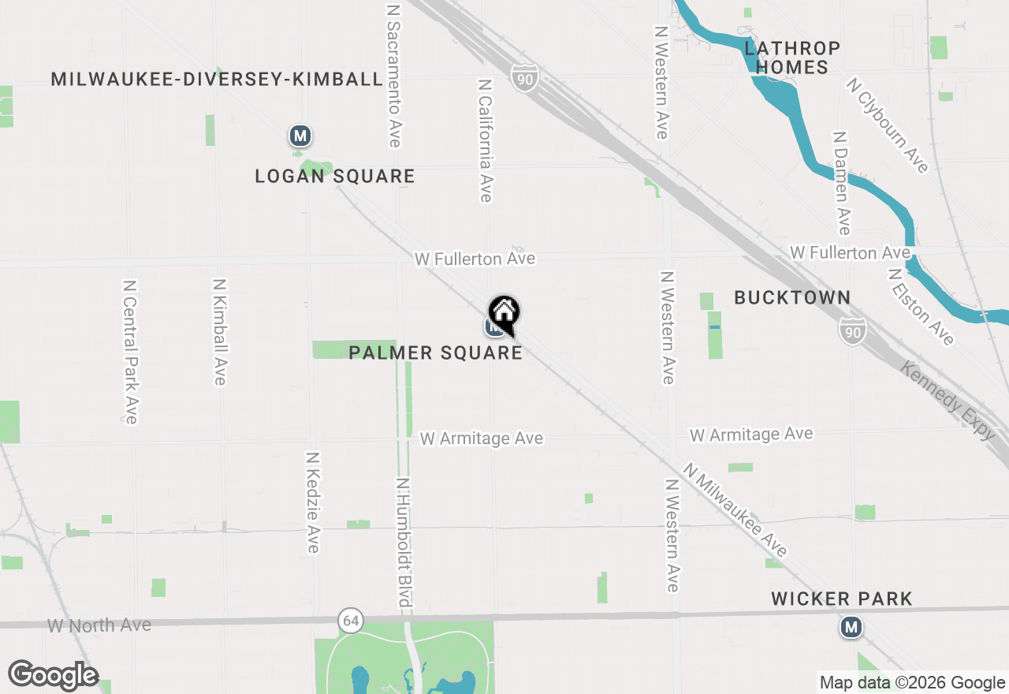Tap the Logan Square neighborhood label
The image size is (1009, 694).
click(335, 176)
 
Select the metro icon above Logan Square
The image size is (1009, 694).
click(300, 136)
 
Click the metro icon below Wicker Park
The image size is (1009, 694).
click(851, 628)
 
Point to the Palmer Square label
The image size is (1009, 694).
click(435, 353)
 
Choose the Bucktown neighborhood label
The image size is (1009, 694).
click(792, 297)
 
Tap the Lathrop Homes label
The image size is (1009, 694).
click(792, 58)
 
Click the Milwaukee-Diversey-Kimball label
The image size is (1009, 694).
click(217, 79)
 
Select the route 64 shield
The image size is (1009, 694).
click(351, 621)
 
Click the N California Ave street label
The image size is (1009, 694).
click(486, 140)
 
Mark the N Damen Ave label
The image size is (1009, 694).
click(842, 183)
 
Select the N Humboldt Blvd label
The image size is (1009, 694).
click(404, 544)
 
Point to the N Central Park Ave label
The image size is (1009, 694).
click(130, 351)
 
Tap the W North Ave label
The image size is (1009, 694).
click(99, 625)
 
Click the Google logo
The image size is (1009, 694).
click(53, 675)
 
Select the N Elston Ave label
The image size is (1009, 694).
click(921, 307)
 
